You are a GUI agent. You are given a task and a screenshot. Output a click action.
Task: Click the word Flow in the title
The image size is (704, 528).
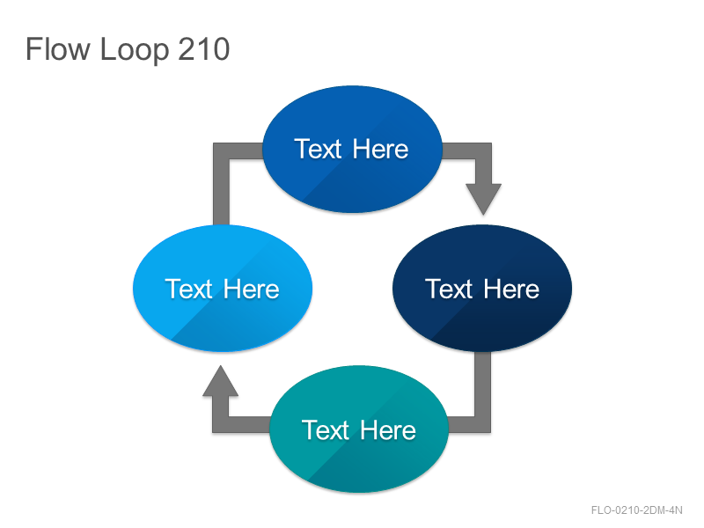tap(58, 49)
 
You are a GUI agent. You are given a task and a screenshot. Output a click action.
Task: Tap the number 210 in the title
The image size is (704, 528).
tap(204, 49)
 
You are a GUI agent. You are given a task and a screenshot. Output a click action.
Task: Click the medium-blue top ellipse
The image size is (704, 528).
tap(352, 149)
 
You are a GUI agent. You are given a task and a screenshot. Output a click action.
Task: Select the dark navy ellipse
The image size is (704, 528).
tap(482, 289)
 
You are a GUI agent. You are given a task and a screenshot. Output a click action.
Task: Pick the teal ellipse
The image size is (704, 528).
tap(359, 429)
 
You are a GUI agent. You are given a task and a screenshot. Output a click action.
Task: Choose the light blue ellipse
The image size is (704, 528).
tap(223, 289)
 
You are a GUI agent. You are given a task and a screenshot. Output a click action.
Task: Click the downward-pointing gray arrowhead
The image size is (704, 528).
tap(483, 199)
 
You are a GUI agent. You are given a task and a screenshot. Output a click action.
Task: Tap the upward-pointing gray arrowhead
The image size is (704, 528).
tap(221, 381)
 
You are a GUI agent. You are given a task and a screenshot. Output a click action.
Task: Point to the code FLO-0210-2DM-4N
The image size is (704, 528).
tap(636, 510)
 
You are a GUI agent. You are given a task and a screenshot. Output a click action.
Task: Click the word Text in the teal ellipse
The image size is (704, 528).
tap(326, 430)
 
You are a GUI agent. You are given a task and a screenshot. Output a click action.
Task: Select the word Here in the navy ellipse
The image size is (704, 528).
tap(511, 289)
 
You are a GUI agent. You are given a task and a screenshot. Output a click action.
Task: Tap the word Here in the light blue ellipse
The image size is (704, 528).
tap(252, 289)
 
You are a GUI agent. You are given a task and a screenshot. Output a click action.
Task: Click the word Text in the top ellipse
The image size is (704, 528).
tap(319, 149)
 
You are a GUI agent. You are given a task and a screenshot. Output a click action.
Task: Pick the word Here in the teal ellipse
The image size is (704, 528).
tap(388, 430)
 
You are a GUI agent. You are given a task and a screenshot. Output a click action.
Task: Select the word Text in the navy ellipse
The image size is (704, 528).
tap(450, 289)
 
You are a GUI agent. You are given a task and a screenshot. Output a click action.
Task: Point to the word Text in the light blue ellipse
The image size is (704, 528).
tap(189, 289)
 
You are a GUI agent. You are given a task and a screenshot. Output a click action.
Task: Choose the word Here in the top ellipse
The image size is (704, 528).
tap(381, 149)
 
